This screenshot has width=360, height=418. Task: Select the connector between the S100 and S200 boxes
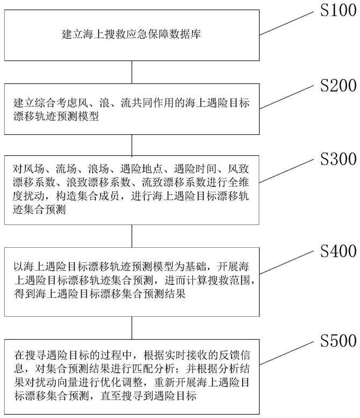pyautogui.click(x=132, y=73)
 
